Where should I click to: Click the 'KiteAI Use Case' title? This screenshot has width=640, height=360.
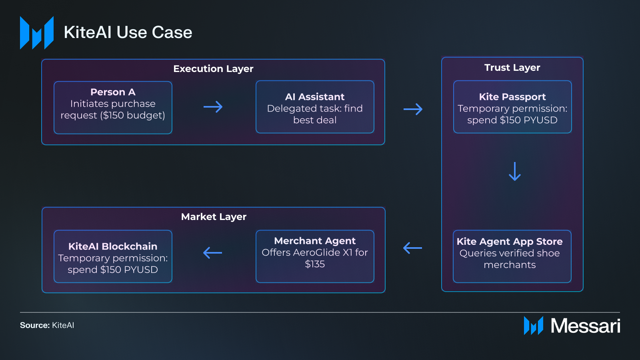[x=128, y=32]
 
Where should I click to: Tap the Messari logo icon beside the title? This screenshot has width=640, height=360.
[x=37, y=33]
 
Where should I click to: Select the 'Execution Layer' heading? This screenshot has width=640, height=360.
[x=213, y=69]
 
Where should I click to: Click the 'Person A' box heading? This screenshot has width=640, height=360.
[x=113, y=92]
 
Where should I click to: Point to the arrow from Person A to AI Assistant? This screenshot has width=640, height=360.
[x=213, y=107]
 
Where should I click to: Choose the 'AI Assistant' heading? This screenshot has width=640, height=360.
[x=315, y=97]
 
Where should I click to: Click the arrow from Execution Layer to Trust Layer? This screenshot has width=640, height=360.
[x=413, y=109]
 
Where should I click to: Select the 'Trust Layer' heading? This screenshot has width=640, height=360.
[x=512, y=68]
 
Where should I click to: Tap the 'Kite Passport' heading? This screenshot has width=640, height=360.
[x=512, y=97]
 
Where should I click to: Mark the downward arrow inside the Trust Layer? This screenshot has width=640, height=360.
[x=514, y=171]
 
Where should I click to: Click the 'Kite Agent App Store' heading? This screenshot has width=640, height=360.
[x=510, y=242]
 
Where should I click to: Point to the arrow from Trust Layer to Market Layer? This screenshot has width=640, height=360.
[x=412, y=248]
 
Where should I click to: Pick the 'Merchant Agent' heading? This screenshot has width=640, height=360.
[x=315, y=241]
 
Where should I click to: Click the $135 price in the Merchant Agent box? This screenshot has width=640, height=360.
[x=315, y=264]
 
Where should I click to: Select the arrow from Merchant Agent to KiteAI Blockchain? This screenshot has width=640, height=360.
[x=212, y=252]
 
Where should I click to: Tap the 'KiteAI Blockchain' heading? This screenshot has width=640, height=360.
[x=113, y=246]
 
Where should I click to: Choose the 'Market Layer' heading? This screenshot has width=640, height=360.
[x=214, y=217]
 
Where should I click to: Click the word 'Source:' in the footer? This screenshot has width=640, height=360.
[x=35, y=325]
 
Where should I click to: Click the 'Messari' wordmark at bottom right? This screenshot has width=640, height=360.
[x=585, y=326]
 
